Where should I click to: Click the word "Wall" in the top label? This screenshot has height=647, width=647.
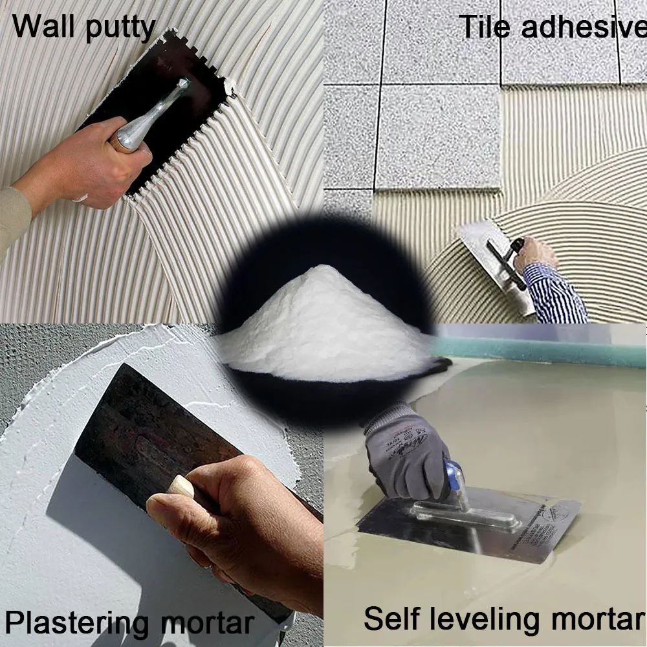tap(43, 26)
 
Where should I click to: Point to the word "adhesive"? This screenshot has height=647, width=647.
tap(584, 27)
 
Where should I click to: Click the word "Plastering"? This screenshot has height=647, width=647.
tap(77, 623)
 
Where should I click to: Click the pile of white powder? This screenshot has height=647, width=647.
tap(326, 326)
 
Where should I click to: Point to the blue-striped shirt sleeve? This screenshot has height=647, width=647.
tap(554, 293)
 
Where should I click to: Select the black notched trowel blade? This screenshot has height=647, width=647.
tap(161, 111)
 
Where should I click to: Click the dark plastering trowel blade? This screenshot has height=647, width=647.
tap(157, 437)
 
